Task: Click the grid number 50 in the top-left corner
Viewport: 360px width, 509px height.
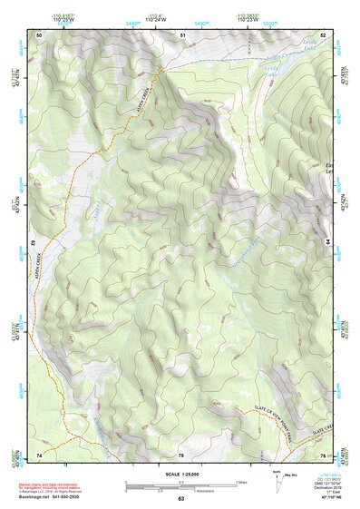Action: (39, 34)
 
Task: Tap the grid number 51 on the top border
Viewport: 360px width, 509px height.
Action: (182, 34)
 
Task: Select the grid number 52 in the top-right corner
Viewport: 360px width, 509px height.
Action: (324, 34)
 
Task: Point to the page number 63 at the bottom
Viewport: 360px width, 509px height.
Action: (180, 498)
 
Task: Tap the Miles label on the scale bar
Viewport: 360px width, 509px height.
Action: (241, 482)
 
